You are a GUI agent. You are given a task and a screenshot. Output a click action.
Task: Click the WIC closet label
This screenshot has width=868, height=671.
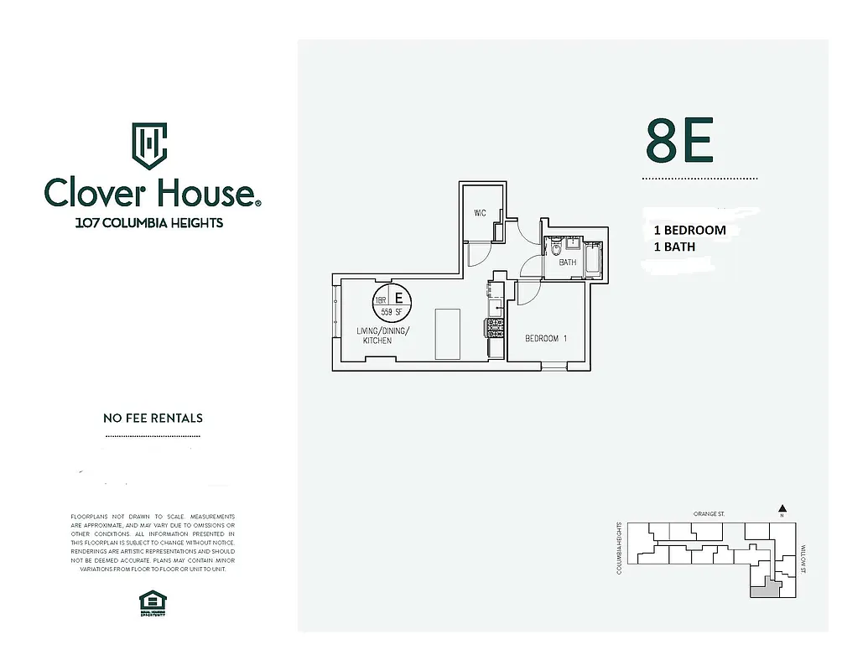tap(480, 213)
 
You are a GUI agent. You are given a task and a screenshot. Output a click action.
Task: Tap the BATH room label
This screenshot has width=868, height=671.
tap(568, 263)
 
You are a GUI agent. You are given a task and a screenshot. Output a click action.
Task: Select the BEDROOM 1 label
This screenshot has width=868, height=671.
tap(546, 339)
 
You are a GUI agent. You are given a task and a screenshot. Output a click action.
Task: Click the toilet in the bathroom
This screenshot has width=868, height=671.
tap(556, 249)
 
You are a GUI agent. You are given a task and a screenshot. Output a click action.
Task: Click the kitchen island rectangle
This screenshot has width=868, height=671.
tap(446, 334)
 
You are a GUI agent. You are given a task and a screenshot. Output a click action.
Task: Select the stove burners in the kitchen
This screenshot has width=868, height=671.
tap(495, 325)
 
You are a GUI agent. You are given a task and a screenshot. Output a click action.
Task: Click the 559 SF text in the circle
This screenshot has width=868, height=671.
tap(392, 312)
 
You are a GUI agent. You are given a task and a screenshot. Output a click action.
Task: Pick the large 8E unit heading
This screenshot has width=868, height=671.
tap(679, 141)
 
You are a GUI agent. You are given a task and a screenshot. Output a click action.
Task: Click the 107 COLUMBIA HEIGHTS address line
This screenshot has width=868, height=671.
tap(149, 223)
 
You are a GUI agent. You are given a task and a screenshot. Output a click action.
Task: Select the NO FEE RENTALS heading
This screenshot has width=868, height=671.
tap(153, 418)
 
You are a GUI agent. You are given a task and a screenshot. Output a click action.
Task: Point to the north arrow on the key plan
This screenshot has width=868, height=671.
tap(782, 508)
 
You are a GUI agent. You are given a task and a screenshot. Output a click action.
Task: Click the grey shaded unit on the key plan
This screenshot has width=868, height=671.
tap(763, 590)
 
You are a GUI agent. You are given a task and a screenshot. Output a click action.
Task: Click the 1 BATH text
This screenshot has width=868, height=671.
tap(674, 247)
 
